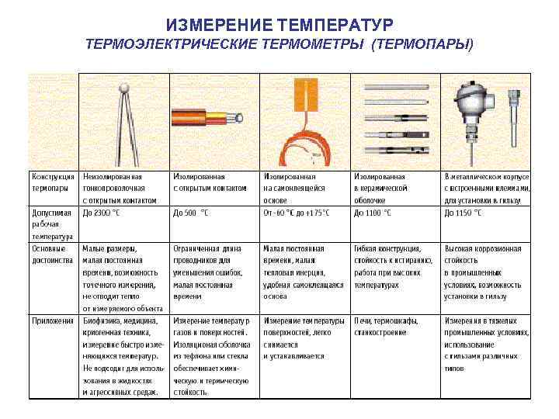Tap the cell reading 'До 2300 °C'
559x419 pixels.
tap(101, 213)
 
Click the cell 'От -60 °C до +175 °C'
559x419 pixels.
tap(297, 213)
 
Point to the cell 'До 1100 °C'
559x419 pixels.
tap(373, 213)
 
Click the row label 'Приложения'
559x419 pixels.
tap(52, 320)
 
